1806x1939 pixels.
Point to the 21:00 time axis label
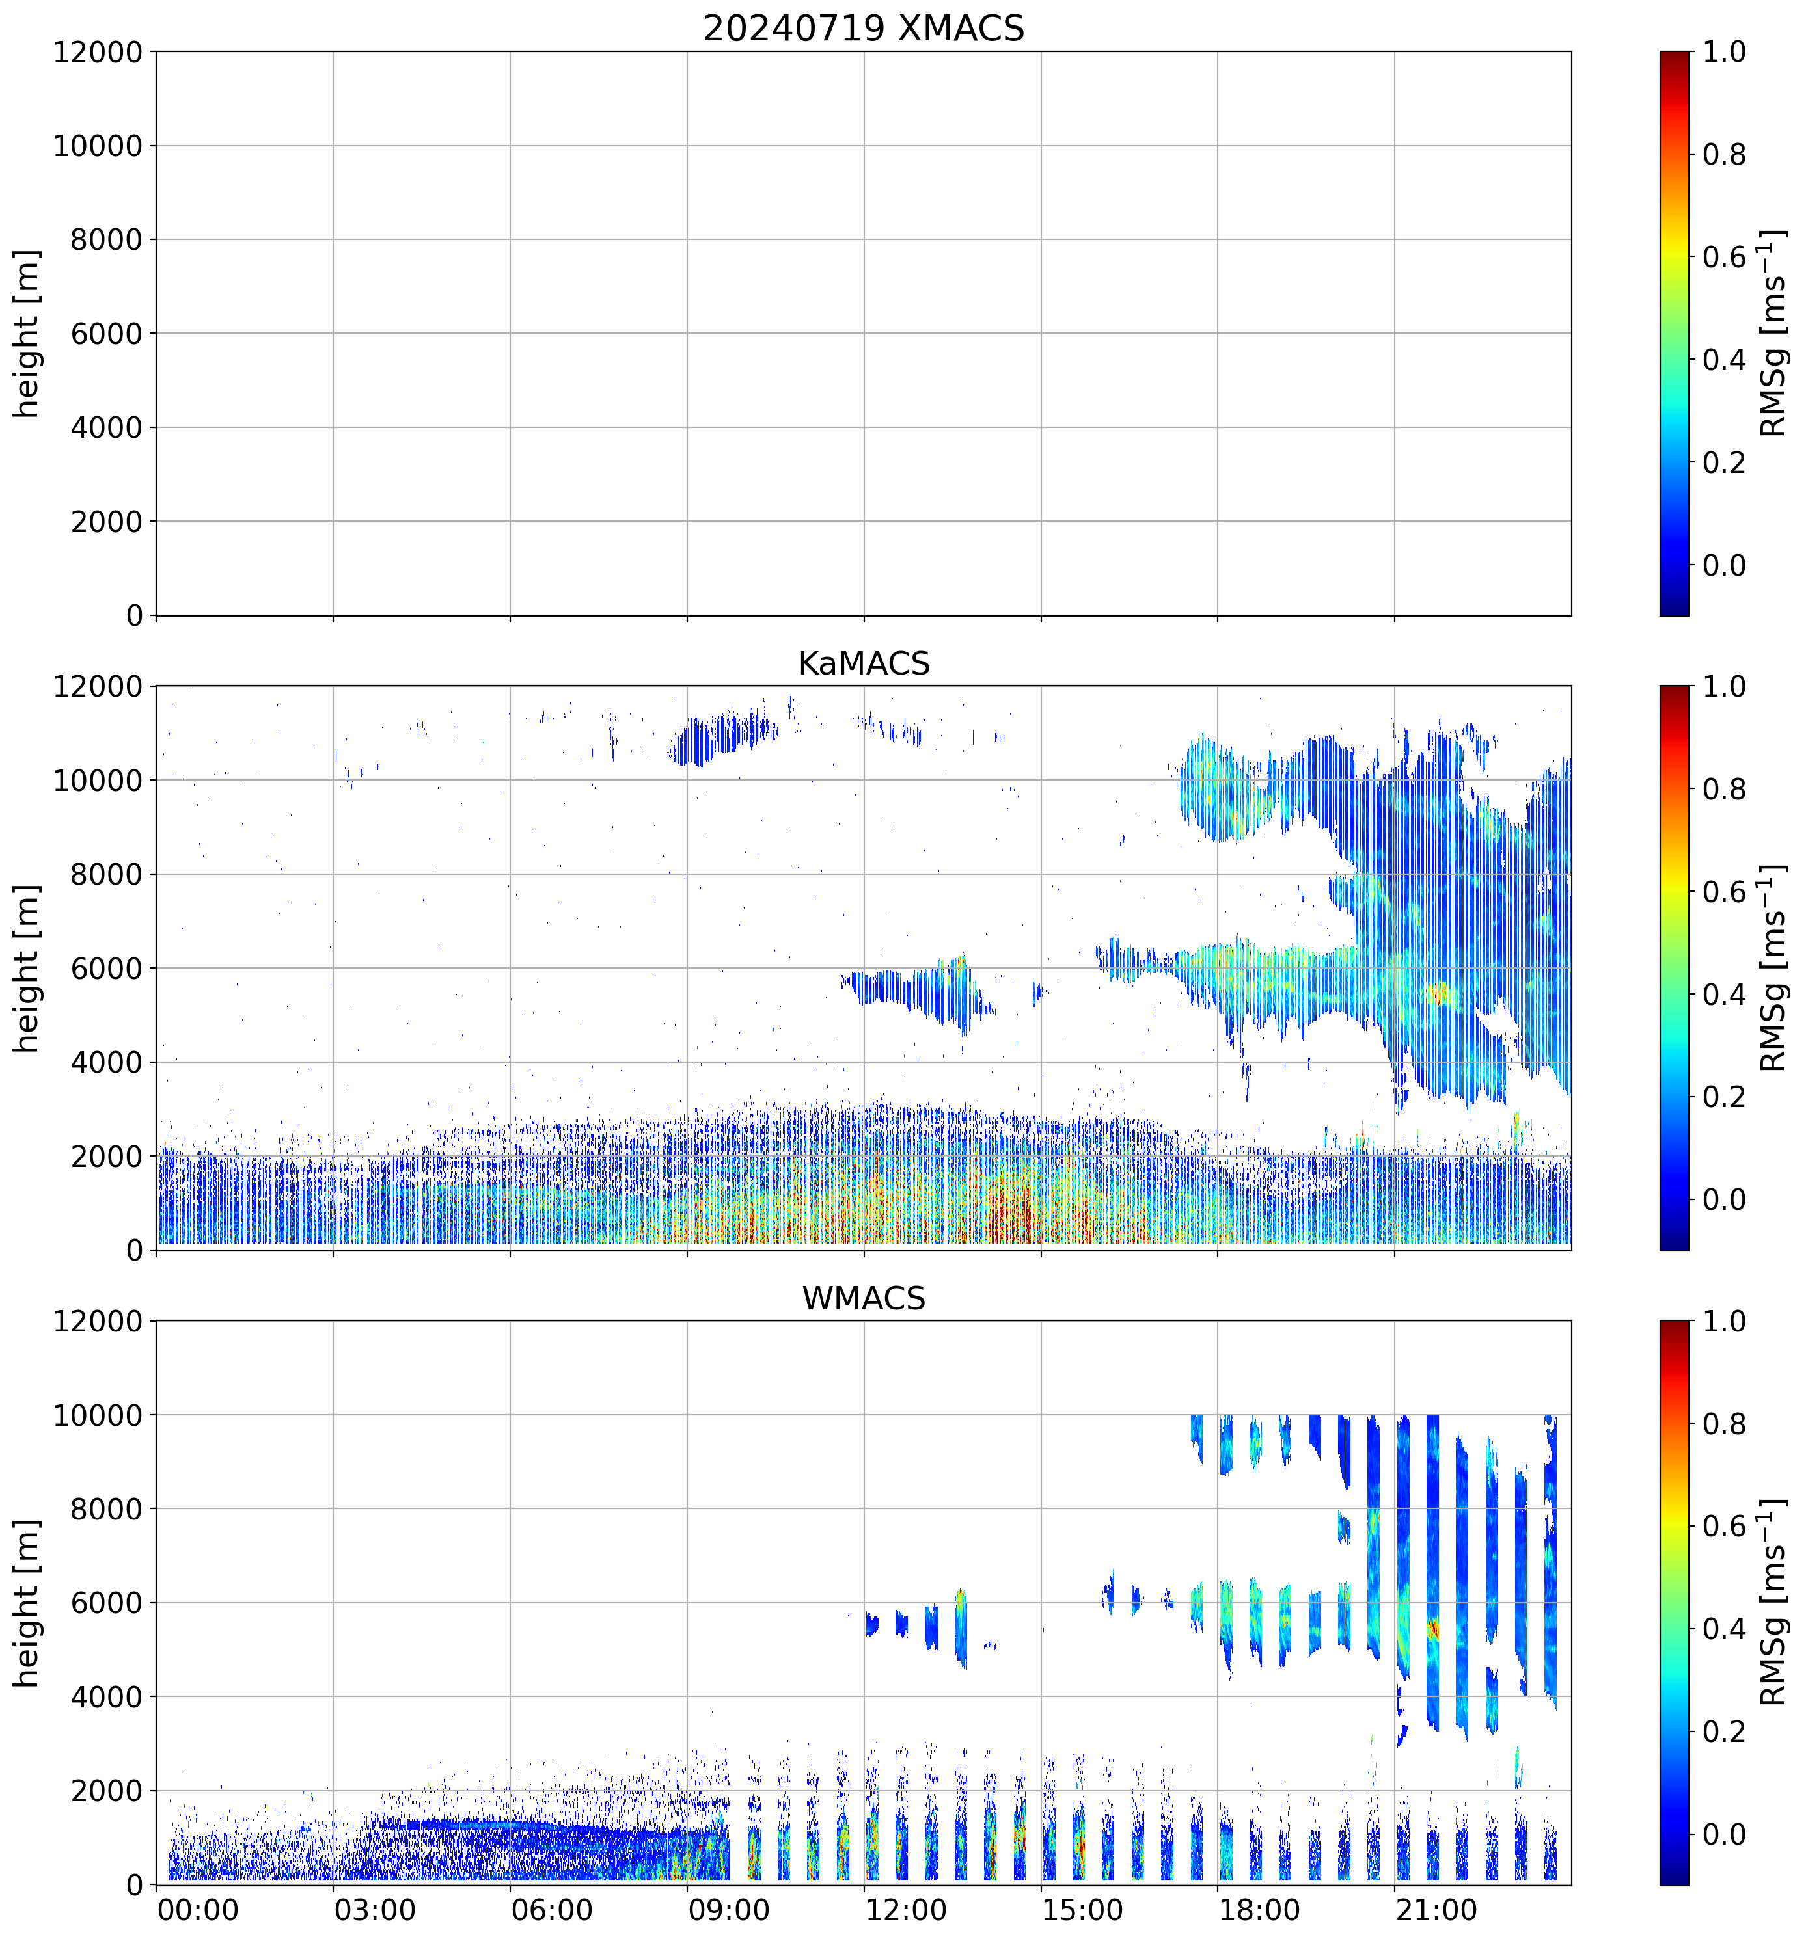[1435, 1910]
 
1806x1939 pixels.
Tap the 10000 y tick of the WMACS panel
[98, 1415]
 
